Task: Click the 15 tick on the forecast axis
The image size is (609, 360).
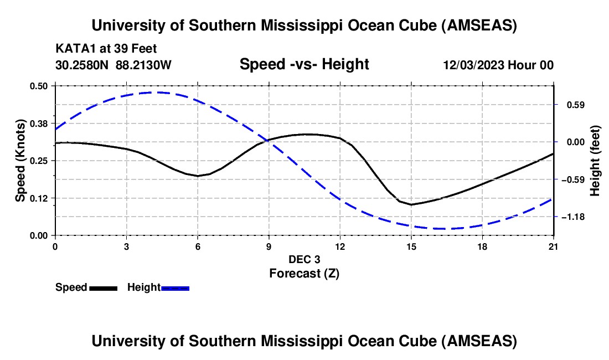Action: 411,246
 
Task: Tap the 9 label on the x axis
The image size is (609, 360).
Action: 269,246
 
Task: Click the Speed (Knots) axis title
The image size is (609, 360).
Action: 20,161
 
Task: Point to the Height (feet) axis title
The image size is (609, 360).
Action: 596,161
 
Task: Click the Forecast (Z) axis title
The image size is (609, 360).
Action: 304,273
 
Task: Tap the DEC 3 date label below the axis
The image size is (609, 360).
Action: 304,259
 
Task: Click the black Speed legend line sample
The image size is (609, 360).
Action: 103,287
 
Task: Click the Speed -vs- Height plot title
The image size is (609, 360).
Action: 304,64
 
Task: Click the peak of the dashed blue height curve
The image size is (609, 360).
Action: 159,92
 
